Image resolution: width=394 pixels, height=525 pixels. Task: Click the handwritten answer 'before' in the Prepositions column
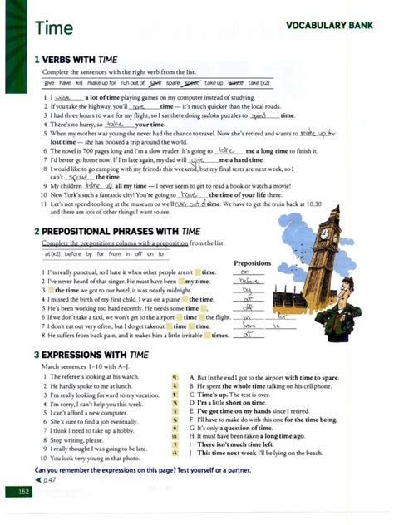(x=248, y=282)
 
